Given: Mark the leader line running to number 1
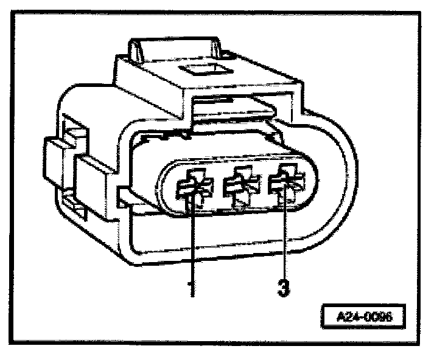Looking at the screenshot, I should [192, 243].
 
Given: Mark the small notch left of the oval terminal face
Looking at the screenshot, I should [122, 195].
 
